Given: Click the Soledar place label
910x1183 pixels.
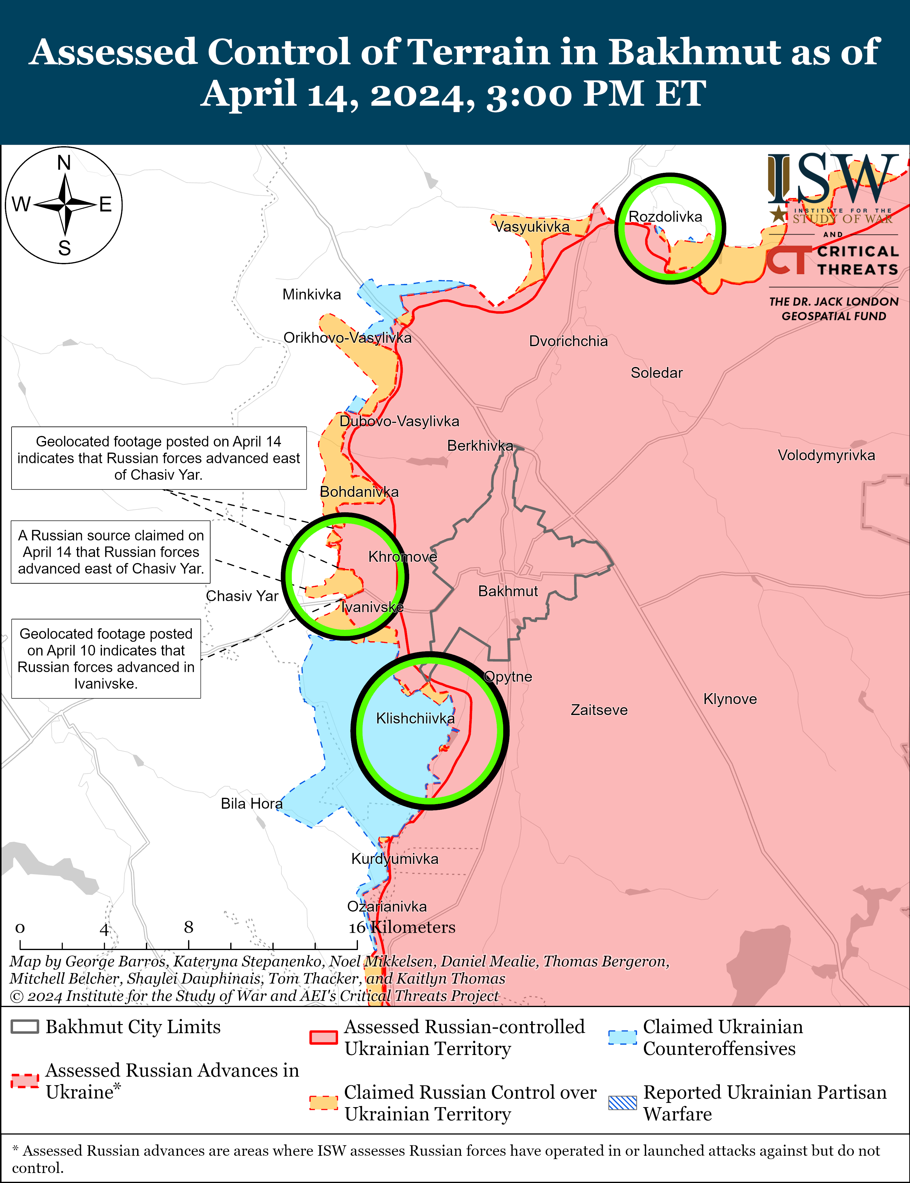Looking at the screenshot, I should pos(656,373).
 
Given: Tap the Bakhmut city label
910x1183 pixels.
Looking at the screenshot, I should pos(508,591).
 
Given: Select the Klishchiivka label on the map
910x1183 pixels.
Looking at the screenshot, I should pos(416,718).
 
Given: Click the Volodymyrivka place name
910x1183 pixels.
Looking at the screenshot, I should pos(826,455).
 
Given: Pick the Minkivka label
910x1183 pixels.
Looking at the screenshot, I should pos(312,295).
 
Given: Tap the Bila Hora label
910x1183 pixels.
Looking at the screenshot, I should pos(251,803).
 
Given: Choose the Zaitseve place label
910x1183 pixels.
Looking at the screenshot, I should pos(599,709).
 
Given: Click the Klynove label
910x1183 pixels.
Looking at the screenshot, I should pos(730,699).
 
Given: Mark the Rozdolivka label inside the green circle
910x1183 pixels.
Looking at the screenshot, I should pos(665,217).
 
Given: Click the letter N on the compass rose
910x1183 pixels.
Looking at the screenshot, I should pos(64,163).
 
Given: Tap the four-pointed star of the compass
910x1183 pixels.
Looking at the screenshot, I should pos(64,205).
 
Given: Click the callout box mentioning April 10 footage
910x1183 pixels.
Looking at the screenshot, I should pos(106,658).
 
